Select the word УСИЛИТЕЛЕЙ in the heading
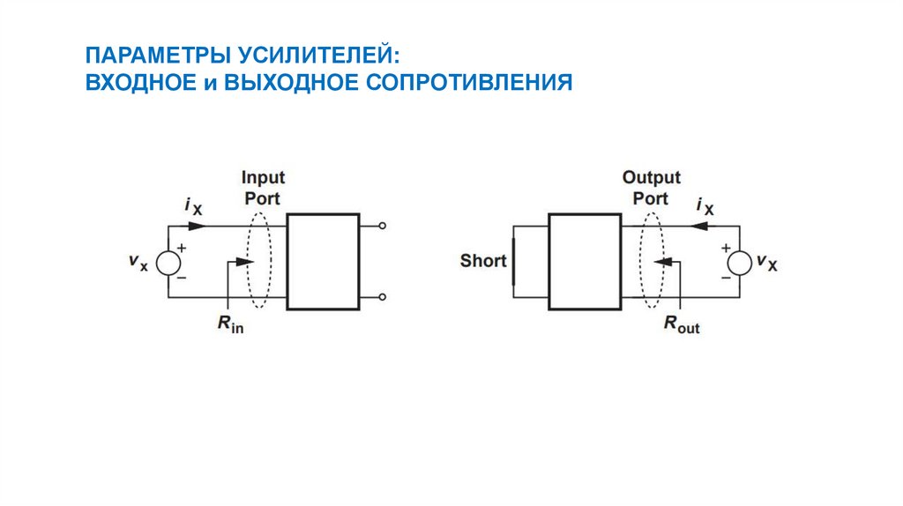click(318, 56)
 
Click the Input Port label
click(263, 188)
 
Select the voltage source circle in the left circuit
click(168, 262)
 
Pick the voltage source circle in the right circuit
click(739, 262)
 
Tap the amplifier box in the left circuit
click(323, 261)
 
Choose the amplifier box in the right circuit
click(585, 261)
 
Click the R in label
click(230, 324)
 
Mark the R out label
click(681, 324)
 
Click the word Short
click(483, 261)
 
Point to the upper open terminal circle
click(381, 227)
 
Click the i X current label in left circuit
click(193, 206)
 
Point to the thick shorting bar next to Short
click(512, 261)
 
